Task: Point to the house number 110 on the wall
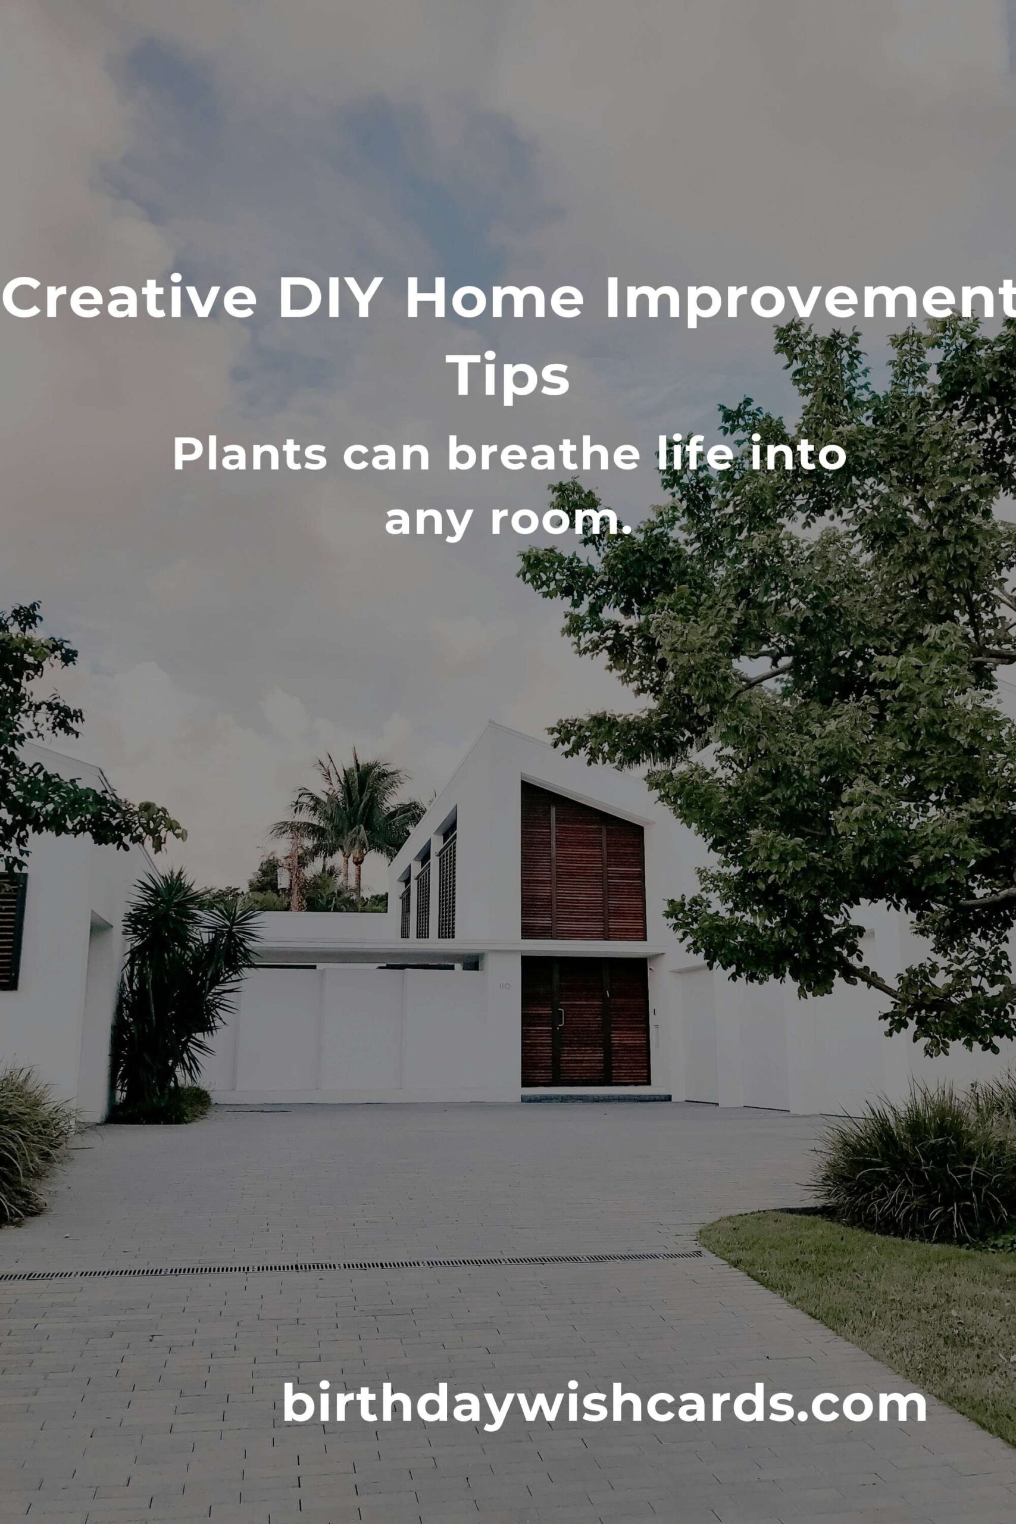[505, 986]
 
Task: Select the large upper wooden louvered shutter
[583, 861]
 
